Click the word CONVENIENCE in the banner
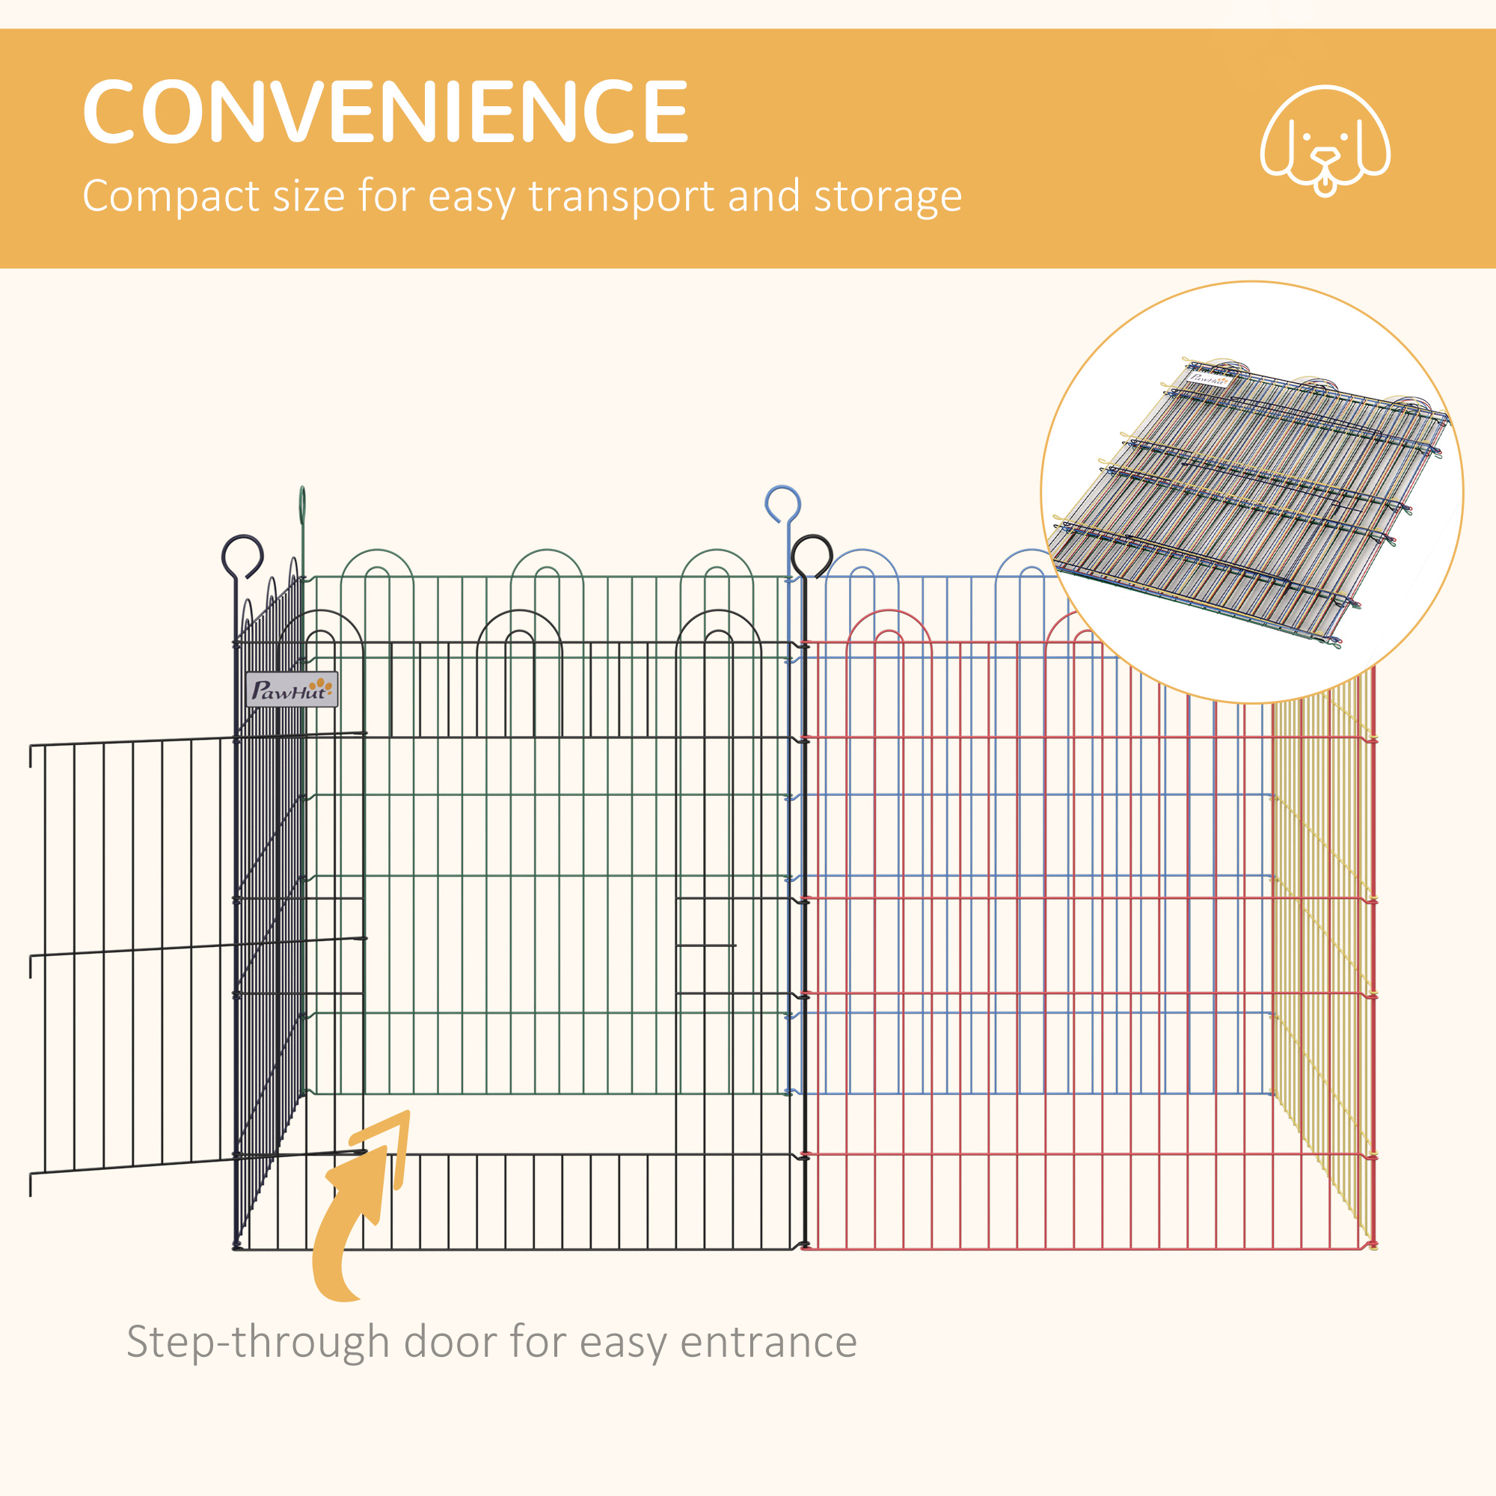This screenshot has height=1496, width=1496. coord(384,111)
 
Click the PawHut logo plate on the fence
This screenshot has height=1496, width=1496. coord(291,688)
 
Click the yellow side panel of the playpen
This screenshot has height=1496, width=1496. coord(1322,968)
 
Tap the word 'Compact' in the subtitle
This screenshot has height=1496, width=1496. coord(171,197)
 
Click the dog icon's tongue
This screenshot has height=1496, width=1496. coord(1325,186)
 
